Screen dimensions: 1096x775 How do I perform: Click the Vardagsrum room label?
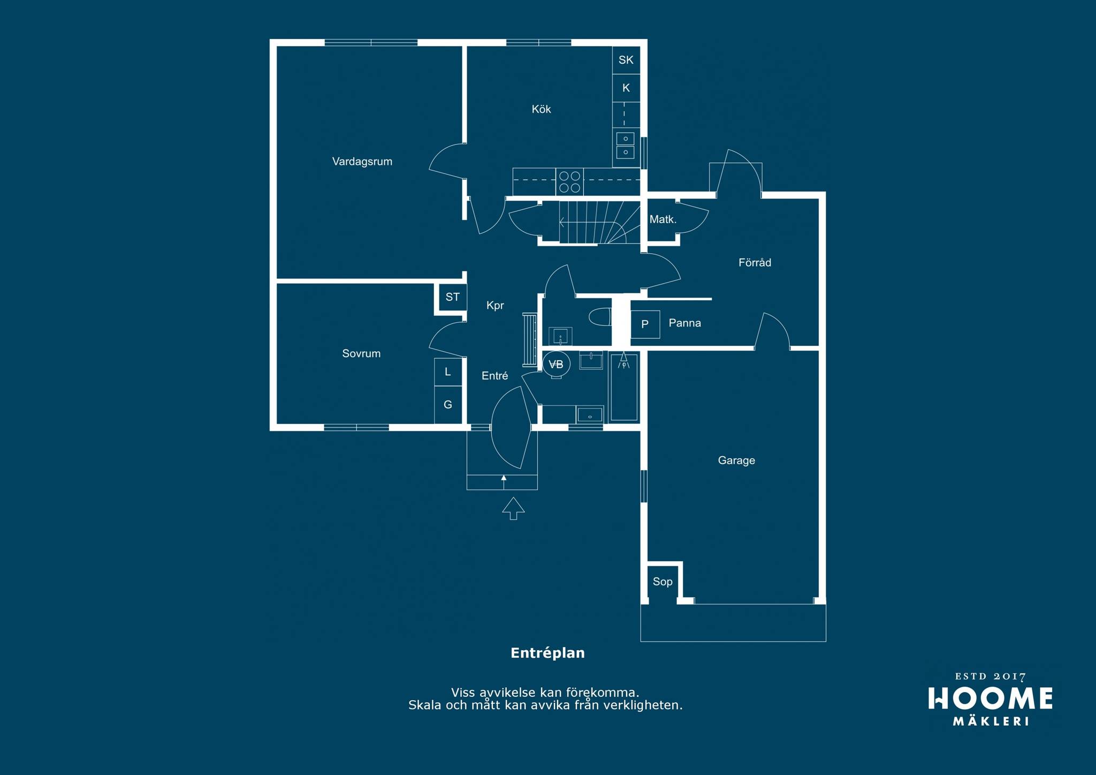(x=362, y=162)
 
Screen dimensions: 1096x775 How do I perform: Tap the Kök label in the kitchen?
(x=541, y=109)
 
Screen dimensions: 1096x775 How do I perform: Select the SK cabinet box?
(x=626, y=60)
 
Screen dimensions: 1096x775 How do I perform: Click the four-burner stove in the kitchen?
(x=569, y=181)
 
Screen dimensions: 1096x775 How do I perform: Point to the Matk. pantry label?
(x=663, y=219)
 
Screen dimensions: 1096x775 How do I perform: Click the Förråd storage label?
(x=755, y=263)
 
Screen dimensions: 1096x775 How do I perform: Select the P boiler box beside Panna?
(x=645, y=324)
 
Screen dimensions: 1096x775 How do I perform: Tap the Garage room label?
(x=736, y=460)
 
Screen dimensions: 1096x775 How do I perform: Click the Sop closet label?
(x=663, y=582)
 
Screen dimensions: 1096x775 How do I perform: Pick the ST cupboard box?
(x=452, y=297)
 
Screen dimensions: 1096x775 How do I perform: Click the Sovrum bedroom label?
(x=361, y=354)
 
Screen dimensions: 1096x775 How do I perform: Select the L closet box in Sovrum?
(x=448, y=371)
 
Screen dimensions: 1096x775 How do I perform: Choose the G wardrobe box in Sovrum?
(x=448, y=405)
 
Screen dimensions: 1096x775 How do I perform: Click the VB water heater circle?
(x=556, y=364)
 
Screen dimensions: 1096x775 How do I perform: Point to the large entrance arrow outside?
(x=513, y=508)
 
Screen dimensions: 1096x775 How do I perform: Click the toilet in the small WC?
(x=600, y=316)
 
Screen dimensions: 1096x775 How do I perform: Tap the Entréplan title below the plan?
(x=547, y=653)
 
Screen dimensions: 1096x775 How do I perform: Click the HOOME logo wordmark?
(x=990, y=698)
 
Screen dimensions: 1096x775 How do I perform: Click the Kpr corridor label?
(x=495, y=306)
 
